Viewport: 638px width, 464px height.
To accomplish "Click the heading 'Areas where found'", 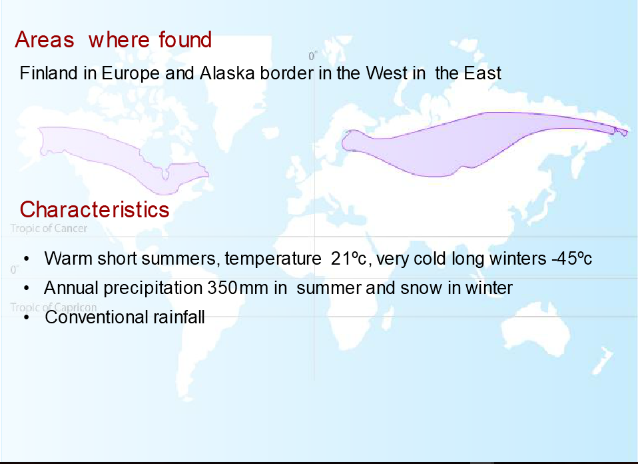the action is click(x=113, y=40).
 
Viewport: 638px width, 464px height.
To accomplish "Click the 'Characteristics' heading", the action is click(x=95, y=210).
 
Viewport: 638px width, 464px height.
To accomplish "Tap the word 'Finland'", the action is click(x=49, y=73).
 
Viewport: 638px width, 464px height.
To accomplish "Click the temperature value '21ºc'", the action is click(x=349, y=259).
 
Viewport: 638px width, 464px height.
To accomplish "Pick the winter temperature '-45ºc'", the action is click(x=571, y=259).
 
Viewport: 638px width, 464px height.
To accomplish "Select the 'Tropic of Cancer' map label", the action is click(x=49, y=228).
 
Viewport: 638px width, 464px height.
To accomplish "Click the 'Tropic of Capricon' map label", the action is click(x=53, y=307).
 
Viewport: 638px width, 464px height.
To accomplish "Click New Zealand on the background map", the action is click(x=602, y=361).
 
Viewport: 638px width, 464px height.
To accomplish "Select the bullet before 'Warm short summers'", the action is click(x=27, y=259).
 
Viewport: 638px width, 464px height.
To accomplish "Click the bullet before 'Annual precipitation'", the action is click(x=27, y=289).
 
